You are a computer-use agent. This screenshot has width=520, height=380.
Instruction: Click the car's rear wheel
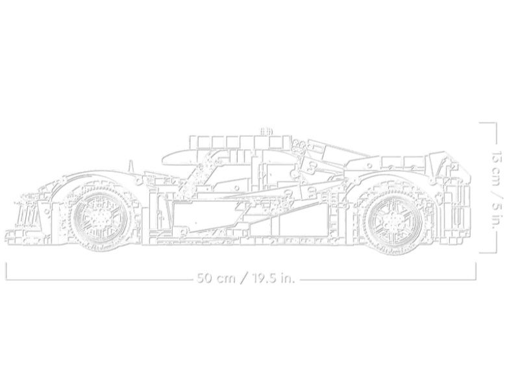[x=393, y=219]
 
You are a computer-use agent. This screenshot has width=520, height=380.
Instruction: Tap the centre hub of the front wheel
[x=100, y=218]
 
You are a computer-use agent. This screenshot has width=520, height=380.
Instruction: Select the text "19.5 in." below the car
[x=273, y=278]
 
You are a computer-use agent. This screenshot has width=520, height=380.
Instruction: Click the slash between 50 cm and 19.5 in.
[x=243, y=278]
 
